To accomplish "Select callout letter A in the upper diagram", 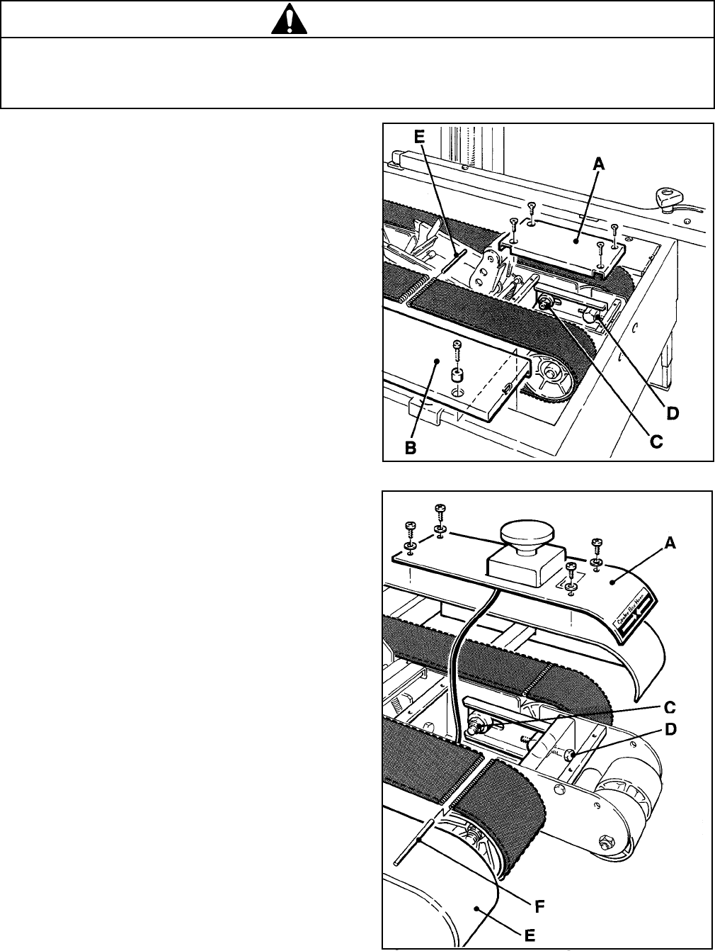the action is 598,164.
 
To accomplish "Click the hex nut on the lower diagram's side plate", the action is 605,843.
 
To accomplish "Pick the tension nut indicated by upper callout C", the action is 547,303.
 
